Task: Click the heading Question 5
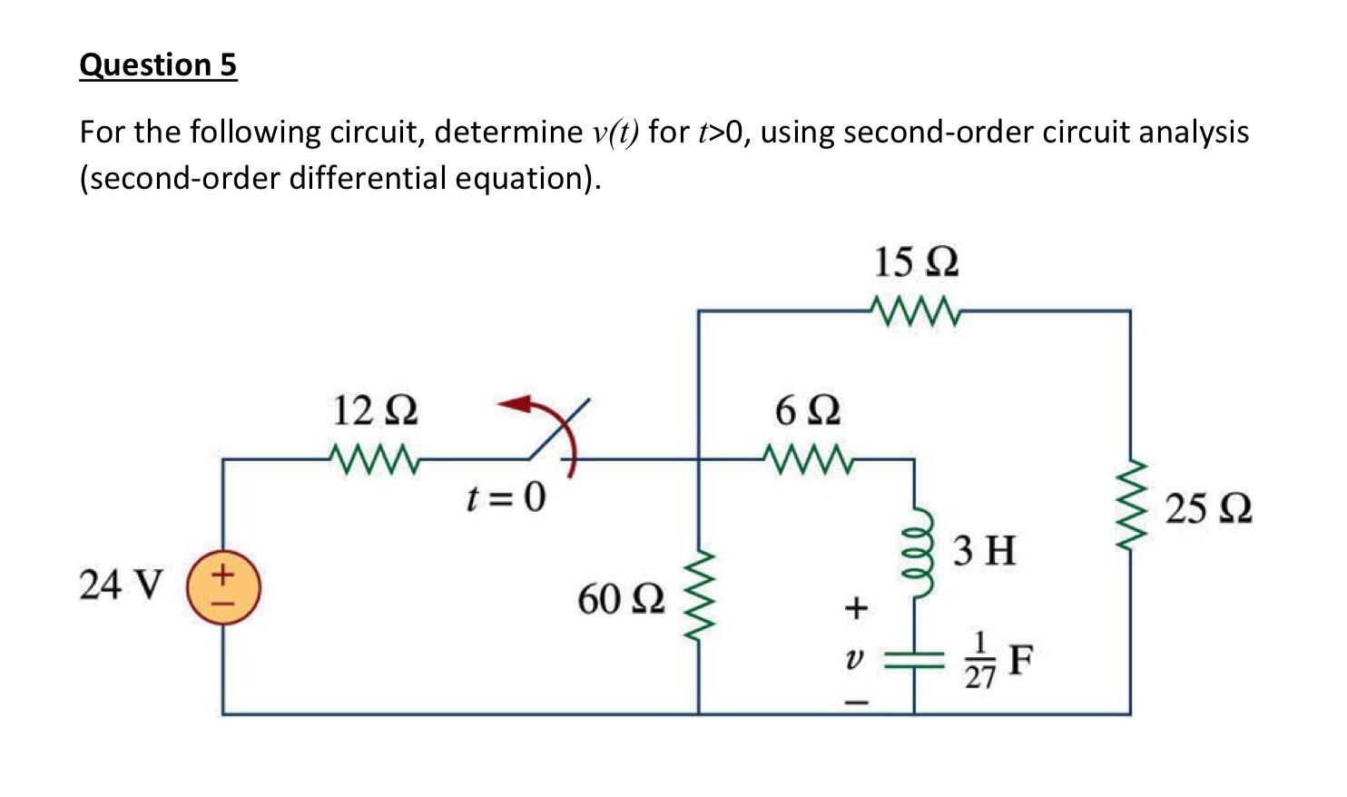(158, 65)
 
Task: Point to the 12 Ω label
(375, 411)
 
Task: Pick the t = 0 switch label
(506, 497)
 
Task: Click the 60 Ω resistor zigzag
(698, 596)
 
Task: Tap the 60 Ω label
(622, 599)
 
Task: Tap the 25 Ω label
(1209, 509)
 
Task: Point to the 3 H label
(985, 551)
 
